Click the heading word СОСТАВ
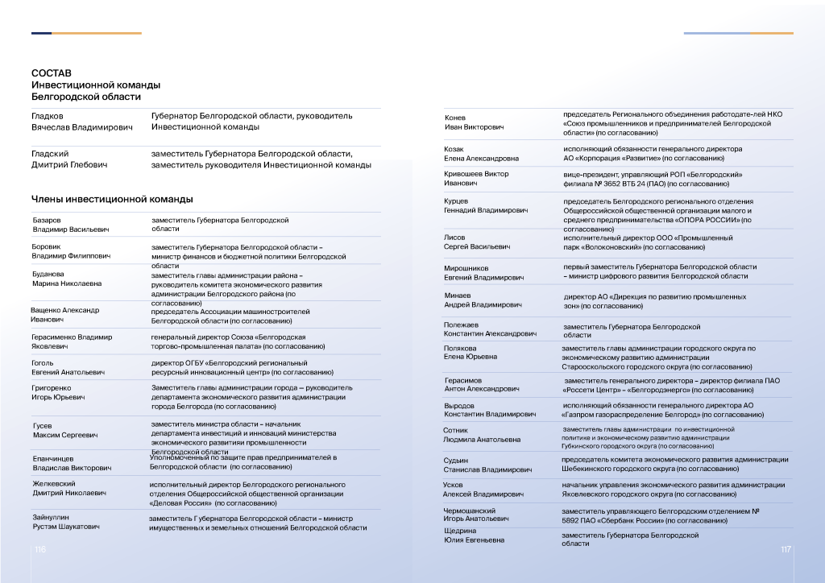pos(46,73)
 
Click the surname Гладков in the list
pos(48,116)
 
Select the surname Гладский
pos(50,154)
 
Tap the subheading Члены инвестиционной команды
pos(112,199)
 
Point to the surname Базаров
pos(47,219)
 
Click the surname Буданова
pos(48,274)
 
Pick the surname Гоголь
pos(44,363)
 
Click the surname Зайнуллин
pos(51,516)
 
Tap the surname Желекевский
pos(54,483)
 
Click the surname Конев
pos(455,118)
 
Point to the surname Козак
pos(454,149)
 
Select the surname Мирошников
pos(466,268)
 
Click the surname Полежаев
pos(462,325)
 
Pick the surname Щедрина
pos(460,530)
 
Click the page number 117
pos(786,549)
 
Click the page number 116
pos(39,549)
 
